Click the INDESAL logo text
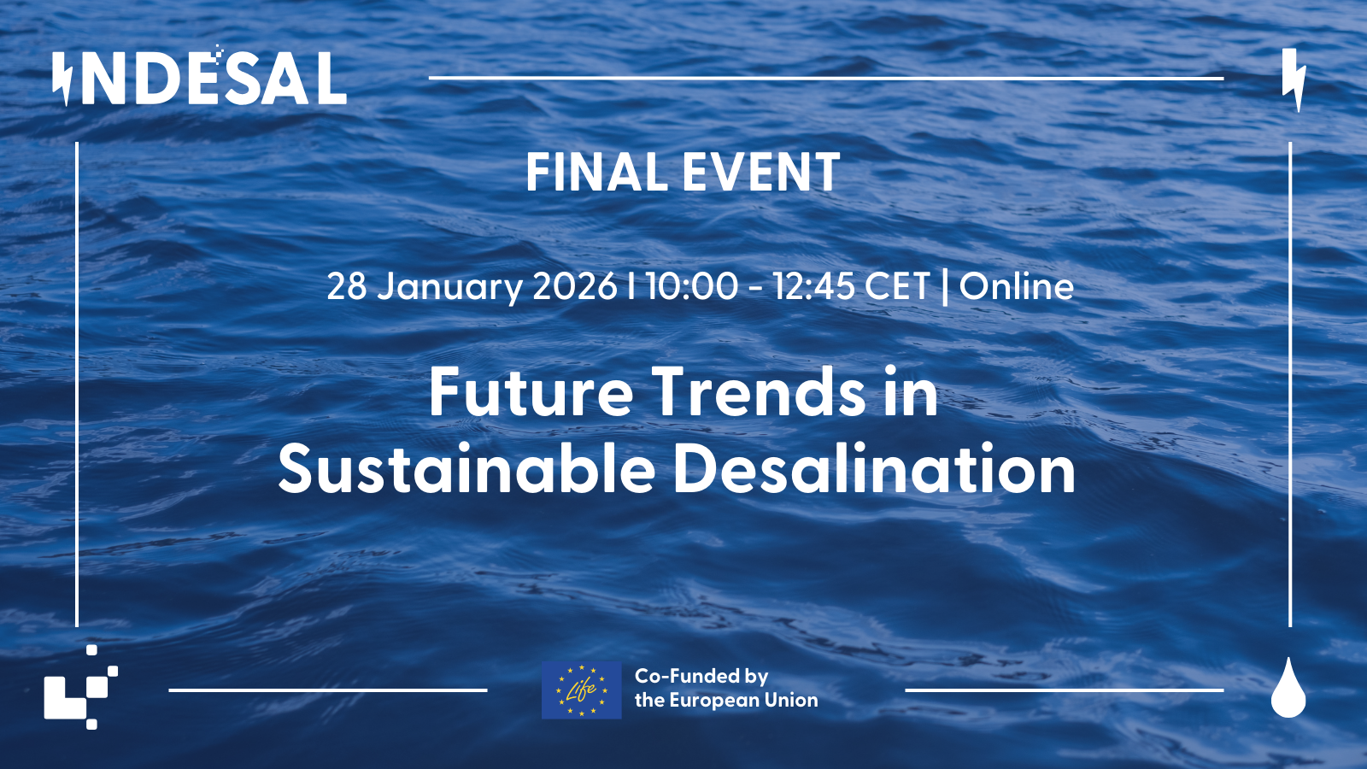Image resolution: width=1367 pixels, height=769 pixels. pyautogui.click(x=200, y=78)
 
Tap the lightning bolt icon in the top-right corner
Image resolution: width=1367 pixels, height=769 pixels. pyautogui.click(x=1294, y=80)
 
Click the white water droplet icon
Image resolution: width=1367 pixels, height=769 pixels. pyautogui.click(x=1288, y=687)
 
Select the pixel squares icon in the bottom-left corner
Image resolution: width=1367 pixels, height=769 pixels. pyautogui.click(x=81, y=687)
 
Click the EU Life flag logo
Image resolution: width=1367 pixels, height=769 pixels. pyautogui.click(x=582, y=690)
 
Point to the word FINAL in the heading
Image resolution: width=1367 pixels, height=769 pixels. pyautogui.click(x=596, y=173)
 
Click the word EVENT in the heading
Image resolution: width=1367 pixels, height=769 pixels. pyautogui.click(x=761, y=173)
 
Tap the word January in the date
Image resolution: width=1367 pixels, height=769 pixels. pyautogui.click(x=449, y=287)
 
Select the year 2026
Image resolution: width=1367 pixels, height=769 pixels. pyautogui.click(x=574, y=286)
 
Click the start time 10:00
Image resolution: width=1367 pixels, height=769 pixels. pyautogui.click(x=692, y=286)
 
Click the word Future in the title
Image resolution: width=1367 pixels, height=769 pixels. pyautogui.click(x=531, y=392)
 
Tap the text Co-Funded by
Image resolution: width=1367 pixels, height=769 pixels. pyautogui.click(x=701, y=676)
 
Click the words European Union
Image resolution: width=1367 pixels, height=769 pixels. pyautogui.click(x=745, y=700)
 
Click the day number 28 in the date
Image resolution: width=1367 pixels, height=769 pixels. pyautogui.click(x=347, y=286)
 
